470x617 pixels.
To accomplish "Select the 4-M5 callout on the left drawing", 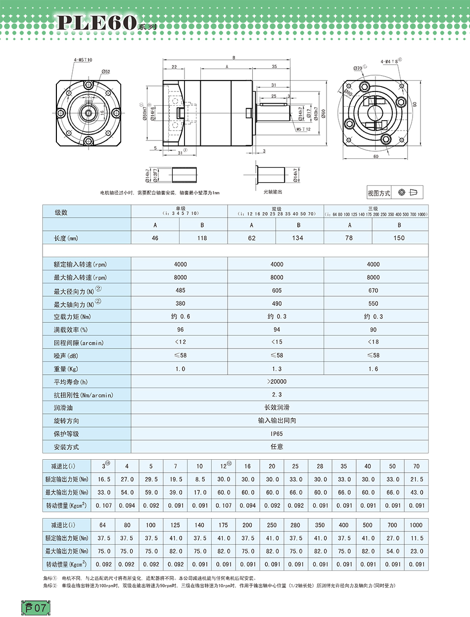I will [83, 60].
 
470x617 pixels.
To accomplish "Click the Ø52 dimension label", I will [105, 72].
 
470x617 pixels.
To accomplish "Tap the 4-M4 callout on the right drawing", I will [390, 61].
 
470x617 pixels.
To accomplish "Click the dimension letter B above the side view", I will [234, 58].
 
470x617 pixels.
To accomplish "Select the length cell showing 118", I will [203, 238].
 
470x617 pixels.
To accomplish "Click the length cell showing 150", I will [399, 238].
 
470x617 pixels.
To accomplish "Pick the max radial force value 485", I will [180, 290].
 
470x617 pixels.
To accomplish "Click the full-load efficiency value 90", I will [373, 329].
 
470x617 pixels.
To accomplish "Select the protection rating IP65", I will [277, 434].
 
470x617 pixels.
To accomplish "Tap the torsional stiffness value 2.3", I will [277, 395].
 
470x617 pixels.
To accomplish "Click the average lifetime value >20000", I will [277, 382].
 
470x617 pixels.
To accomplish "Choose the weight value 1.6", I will [373, 369].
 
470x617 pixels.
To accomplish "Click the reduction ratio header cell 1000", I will [417, 525].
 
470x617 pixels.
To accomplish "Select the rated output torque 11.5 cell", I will [417, 538].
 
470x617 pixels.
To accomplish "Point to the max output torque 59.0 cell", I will [151, 492].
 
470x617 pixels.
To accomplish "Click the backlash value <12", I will [180, 343].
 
